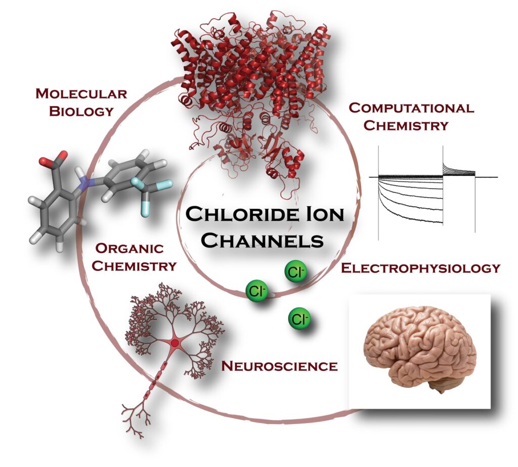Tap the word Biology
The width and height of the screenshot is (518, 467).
(x=81, y=111)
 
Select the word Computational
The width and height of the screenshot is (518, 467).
(x=411, y=108)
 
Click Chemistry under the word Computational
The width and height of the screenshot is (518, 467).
(x=406, y=125)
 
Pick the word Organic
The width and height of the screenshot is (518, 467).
(x=129, y=249)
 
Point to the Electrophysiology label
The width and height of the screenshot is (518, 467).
(x=420, y=268)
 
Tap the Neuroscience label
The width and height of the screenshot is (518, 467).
(x=280, y=365)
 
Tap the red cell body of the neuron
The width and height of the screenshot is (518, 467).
(x=175, y=343)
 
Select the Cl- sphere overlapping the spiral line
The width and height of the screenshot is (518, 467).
(x=256, y=292)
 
